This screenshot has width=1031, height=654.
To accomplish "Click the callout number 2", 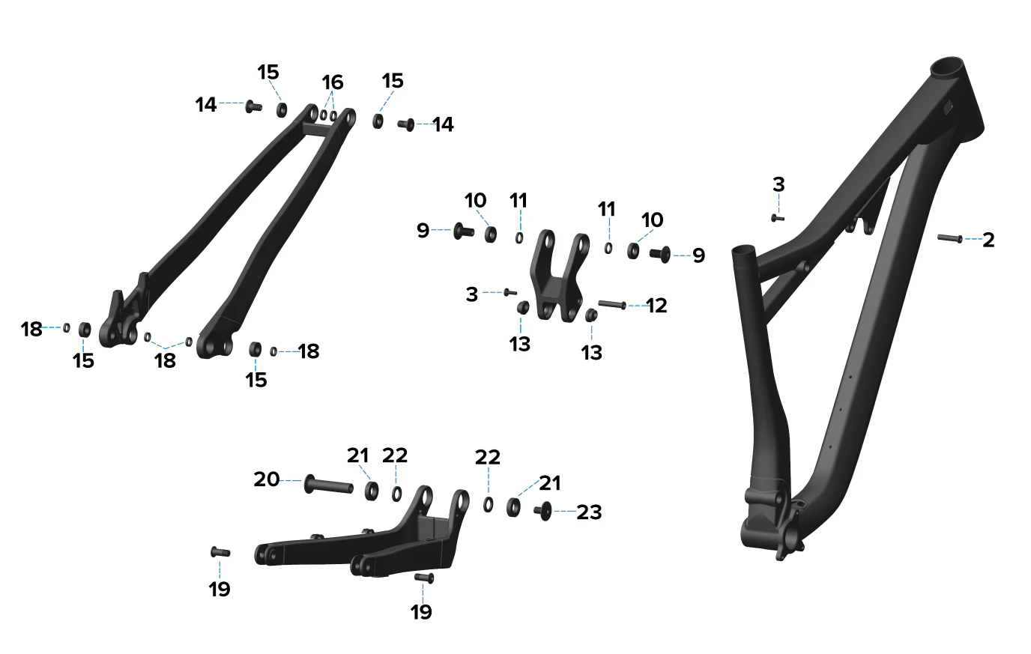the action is point(988,240).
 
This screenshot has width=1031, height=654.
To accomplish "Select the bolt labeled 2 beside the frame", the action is point(949,238).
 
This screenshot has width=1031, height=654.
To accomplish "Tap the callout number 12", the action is point(656,306).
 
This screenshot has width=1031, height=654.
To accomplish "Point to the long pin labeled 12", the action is point(611,304).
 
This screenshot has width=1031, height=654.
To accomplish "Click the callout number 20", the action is point(267,479).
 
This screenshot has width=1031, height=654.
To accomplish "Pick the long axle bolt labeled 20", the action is point(329,485).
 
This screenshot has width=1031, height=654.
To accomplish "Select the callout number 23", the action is point(589,512).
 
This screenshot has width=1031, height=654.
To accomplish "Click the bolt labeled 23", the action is point(543,511).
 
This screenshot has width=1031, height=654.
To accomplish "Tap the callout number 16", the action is point(333,82).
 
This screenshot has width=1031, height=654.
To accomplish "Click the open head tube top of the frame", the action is point(947,68).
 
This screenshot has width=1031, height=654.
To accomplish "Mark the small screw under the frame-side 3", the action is point(778,218).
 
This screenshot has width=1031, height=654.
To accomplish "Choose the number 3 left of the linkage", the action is point(472,294).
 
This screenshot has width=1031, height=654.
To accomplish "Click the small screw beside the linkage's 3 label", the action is point(510,292).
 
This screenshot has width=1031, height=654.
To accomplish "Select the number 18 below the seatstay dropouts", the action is point(165,361).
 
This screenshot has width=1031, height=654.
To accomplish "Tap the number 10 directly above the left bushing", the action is point(475,201).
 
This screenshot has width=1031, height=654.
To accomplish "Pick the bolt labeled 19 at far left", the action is point(220,552).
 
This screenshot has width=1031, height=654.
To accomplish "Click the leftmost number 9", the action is point(423,230).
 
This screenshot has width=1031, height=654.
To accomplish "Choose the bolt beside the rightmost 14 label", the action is point(406,124).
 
